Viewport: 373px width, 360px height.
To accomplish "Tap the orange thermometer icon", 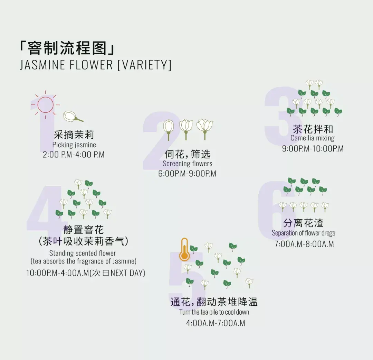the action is [x=184, y=249].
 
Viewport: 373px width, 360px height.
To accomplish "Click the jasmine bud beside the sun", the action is [x=73, y=117].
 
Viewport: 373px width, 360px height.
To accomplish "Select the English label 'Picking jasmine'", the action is [x=74, y=145].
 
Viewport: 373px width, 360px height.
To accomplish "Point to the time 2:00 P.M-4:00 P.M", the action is [x=74, y=155].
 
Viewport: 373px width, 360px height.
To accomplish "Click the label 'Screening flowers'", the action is [x=188, y=164].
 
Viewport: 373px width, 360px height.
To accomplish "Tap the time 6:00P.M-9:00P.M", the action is [x=187, y=174].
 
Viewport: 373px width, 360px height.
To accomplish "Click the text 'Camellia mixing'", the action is [x=313, y=138].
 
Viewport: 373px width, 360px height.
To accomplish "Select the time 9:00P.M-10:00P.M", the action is [x=313, y=149].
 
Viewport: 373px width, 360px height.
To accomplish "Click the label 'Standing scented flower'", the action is [x=83, y=253].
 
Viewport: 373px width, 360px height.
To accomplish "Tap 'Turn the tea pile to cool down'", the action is [x=214, y=312].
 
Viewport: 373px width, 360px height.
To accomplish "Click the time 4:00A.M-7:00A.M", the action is [x=216, y=323].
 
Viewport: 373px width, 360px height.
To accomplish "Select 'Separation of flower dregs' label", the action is [x=304, y=233].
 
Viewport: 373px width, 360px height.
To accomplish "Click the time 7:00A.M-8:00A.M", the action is [x=304, y=244].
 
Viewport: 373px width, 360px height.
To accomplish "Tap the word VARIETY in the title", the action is [x=145, y=65].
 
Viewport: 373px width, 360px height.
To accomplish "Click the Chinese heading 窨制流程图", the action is [x=67, y=48].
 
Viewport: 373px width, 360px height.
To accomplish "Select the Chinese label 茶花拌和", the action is [x=313, y=129].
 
